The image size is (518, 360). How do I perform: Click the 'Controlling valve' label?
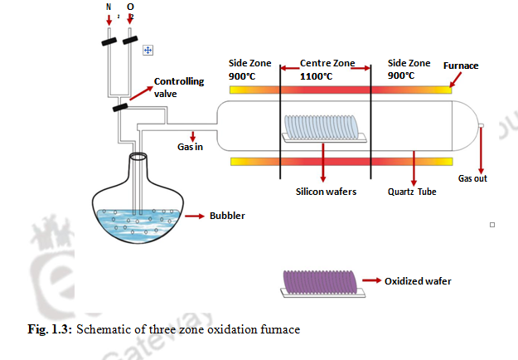(x=178, y=87)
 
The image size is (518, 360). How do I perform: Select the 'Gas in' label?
(x=190, y=147)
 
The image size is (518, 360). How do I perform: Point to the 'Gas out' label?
(x=472, y=178)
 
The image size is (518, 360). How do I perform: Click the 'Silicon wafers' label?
(x=326, y=191)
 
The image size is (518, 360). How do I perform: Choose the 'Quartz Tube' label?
(x=412, y=191)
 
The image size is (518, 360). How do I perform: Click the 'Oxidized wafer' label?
(x=418, y=281)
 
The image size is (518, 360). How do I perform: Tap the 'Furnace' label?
(x=461, y=65)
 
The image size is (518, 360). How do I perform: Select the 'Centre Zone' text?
(x=327, y=63)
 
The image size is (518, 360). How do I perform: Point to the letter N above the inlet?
(x=109, y=7)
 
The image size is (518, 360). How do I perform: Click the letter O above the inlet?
(x=130, y=7)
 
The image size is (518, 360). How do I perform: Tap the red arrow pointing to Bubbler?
(x=194, y=215)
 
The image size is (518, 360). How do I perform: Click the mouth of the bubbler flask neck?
(x=138, y=156)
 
